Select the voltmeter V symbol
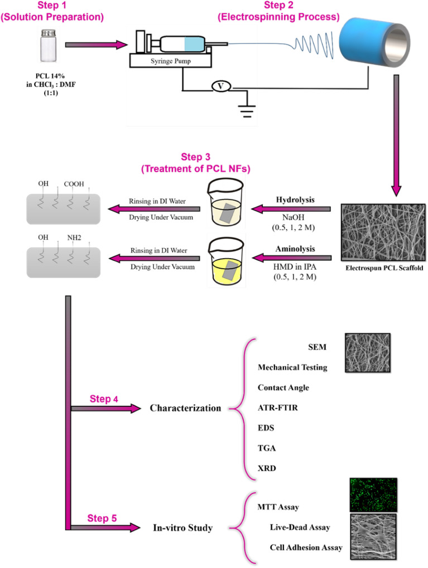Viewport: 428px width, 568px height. (x=221, y=86)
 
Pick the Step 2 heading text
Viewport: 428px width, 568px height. (x=277, y=11)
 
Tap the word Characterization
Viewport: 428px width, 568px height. (x=185, y=408)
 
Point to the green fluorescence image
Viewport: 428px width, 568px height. (x=373, y=494)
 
